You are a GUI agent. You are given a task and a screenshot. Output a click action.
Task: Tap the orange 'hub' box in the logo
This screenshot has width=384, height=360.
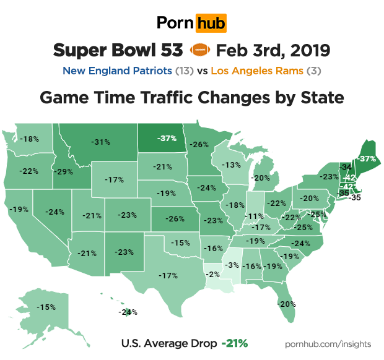[211, 24]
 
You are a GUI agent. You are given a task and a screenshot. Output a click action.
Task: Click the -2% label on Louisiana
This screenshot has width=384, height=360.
[212, 274]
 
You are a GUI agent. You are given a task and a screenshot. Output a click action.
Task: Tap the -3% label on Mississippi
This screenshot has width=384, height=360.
[232, 265]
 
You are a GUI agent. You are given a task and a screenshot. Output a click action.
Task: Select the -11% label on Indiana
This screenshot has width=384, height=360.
[253, 216]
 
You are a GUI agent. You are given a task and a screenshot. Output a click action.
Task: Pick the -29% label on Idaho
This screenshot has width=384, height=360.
[63, 171]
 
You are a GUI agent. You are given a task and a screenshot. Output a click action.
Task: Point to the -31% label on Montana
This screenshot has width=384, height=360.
[100, 142]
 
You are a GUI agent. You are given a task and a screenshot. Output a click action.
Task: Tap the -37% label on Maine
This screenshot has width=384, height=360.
[367, 159]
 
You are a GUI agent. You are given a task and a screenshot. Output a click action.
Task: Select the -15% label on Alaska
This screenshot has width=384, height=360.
[46, 307]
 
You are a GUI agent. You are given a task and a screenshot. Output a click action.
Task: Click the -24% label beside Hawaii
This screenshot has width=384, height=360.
[128, 312]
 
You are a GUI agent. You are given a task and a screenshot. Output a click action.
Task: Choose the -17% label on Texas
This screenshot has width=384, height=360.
[168, 275]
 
